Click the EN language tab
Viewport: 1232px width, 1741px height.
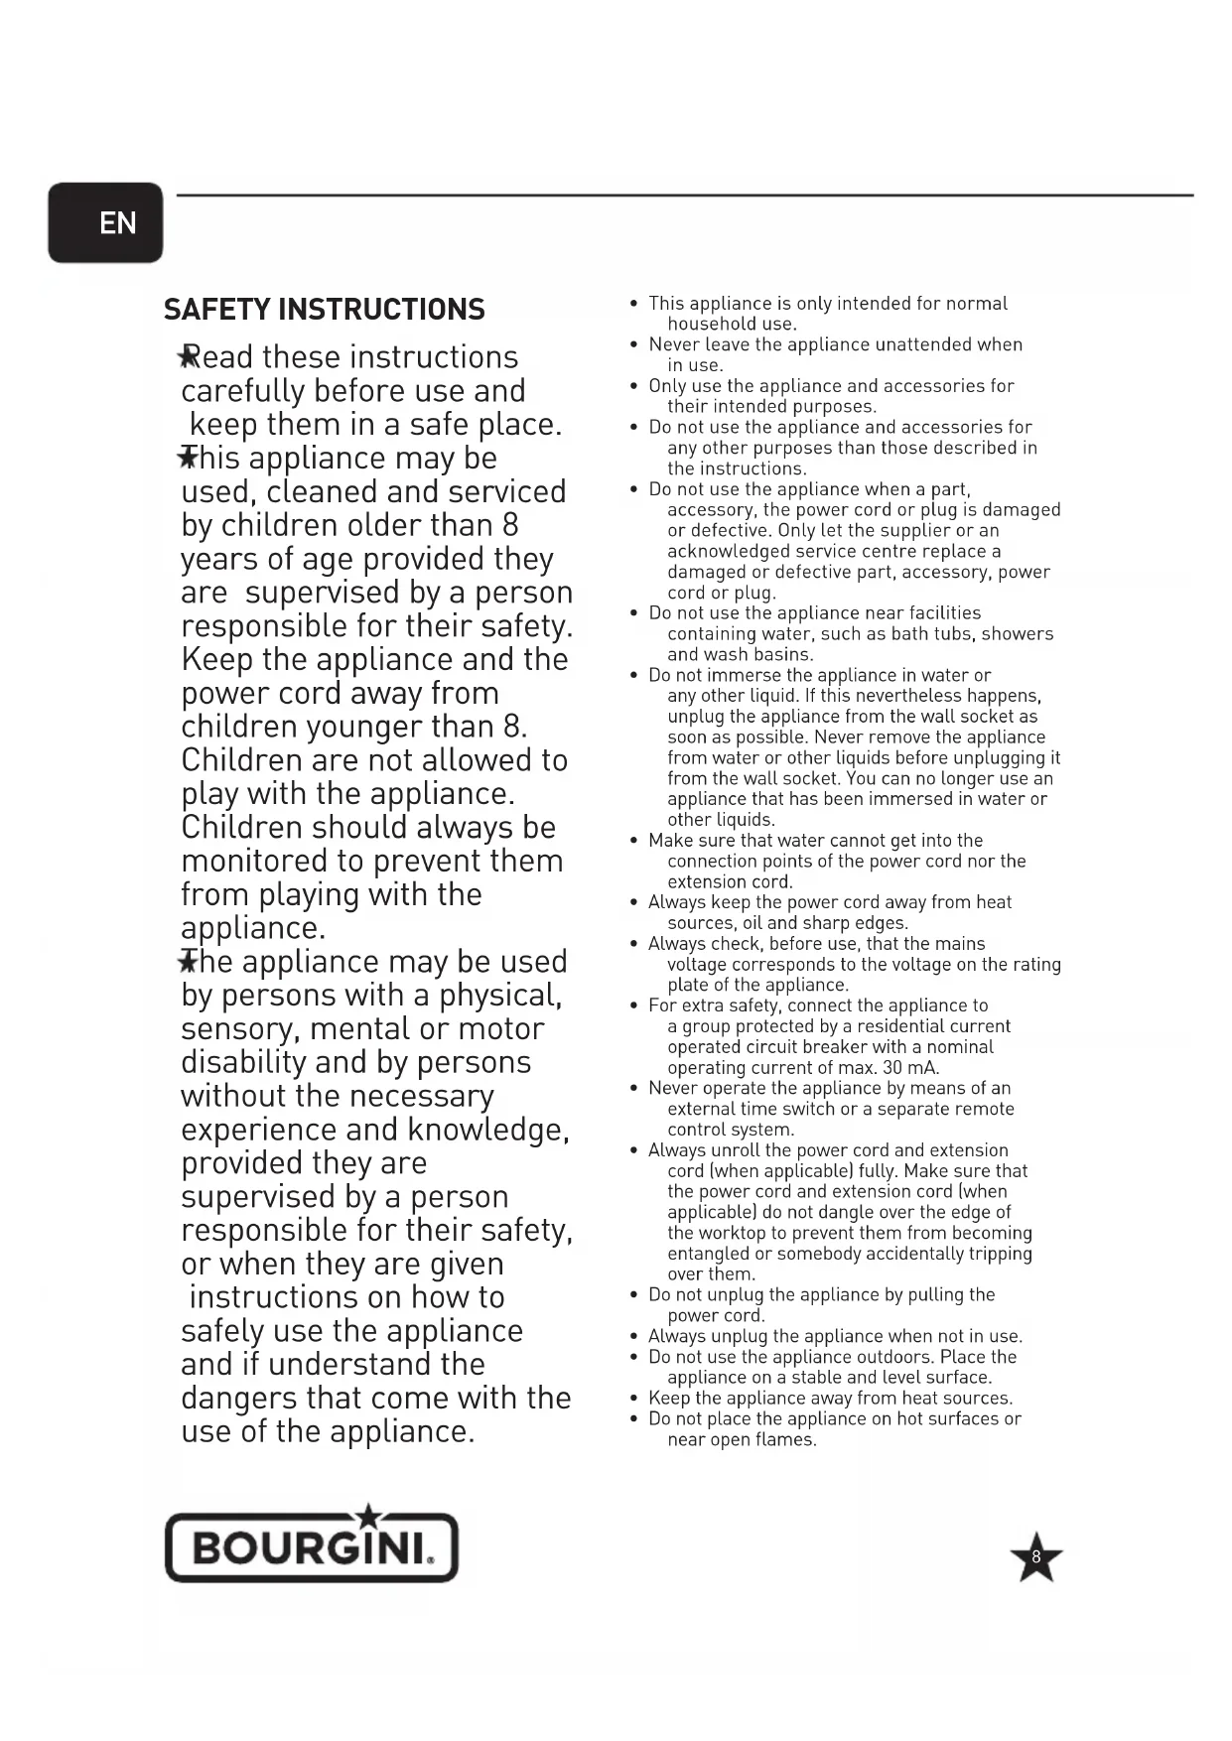[105, 222]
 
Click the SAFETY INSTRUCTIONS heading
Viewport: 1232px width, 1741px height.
[324, 310]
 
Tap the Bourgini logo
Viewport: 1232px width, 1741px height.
[311, 1546]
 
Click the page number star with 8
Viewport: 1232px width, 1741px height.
[1035, 1556]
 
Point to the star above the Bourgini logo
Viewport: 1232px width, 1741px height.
[368, 1516]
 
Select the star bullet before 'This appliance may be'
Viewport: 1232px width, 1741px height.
[186, 458]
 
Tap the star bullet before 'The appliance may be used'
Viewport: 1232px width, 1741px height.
[186, 961]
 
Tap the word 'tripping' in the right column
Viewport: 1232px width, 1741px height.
[999, 1254]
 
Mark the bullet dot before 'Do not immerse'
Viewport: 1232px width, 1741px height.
[633, 675]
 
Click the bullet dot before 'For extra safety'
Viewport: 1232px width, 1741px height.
[633, 1005]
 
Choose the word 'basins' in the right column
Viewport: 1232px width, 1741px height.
[781, 654]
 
